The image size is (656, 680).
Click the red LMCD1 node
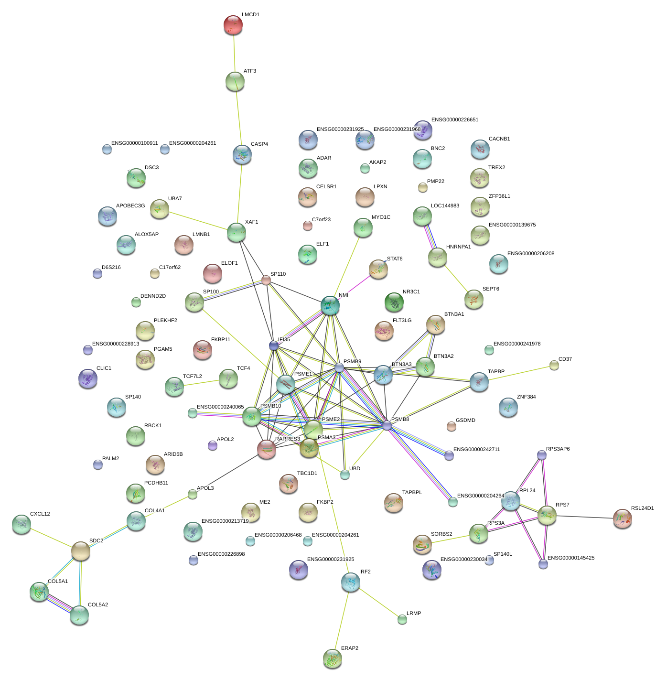pos(233,25)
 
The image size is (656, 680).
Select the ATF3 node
pos(235,82)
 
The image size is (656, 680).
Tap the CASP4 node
pos(242,154)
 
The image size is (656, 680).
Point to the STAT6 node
pos(378,269)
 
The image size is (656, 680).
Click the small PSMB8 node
pos(387,425)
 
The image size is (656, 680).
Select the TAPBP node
pos(479,382)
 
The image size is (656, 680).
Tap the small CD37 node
pos(554,365)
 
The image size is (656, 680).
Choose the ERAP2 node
pos(333,658)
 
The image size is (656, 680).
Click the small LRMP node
pos(402,619)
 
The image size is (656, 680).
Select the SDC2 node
pos(81,551)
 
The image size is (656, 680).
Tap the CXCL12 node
pos(22,524)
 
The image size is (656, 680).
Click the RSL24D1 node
pos(623,518)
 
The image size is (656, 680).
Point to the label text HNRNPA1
pos(458,247)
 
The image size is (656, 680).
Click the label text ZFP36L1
pos(500,196)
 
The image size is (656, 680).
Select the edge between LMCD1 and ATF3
pos(234,54)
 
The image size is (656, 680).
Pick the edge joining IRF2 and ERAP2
pos(342,619)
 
